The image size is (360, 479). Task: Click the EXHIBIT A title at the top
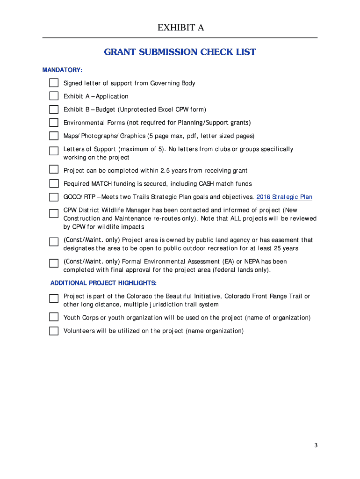tap(180, 28)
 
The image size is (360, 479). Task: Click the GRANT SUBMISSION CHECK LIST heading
tap(180, 52)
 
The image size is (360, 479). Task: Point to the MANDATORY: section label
tap(62, 70)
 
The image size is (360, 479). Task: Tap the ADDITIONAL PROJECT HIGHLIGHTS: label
tap(103, 283)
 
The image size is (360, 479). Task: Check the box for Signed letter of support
tap(54, 83)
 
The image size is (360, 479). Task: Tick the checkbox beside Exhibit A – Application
tap(54, 96)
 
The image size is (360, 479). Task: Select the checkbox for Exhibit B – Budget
tap(54, 109)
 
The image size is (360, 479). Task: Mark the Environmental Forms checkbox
tap(54, 123)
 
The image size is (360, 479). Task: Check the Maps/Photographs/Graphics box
tap(54, 136)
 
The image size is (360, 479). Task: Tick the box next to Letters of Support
tap(54, 151)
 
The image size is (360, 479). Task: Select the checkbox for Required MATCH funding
tap(54, 183)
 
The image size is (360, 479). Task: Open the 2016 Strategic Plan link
tap(284, 197)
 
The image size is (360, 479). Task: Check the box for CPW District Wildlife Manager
tap(54, 213)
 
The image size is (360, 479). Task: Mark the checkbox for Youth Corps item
tap(54, 318)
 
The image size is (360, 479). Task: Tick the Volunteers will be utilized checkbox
tap(54, 331)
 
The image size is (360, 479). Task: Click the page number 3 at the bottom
tap(316, 445)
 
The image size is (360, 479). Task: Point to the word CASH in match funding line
tap(208, 184)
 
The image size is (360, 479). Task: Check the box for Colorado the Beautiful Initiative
tap(54, 298)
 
